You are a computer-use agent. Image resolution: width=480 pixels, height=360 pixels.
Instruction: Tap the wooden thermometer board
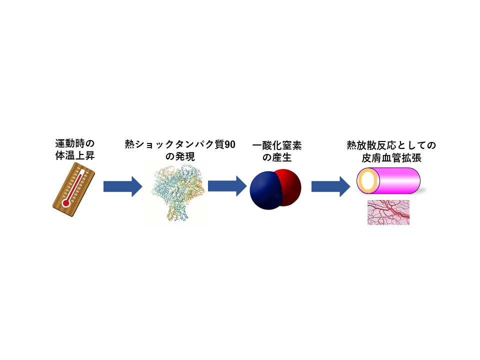coord(74,189)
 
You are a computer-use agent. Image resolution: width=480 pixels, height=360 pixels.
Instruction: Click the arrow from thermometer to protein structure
coord(123,186)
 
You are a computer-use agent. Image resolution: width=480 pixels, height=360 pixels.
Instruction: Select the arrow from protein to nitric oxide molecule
coord(227,186)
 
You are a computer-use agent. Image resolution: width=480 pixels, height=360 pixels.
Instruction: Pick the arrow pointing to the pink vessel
coord(331,186)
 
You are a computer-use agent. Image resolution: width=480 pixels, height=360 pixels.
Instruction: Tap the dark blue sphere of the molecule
coord(265,190)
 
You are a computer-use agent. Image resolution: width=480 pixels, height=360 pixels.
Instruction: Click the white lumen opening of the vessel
coord(368,180)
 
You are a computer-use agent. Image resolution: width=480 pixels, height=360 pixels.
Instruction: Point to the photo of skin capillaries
coord(388,212)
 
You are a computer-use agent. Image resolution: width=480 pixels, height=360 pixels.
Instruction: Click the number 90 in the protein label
coord(229,144)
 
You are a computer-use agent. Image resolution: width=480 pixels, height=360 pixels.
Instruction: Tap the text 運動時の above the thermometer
coord(75,143)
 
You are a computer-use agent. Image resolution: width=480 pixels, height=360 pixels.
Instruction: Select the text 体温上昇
coord(75,155)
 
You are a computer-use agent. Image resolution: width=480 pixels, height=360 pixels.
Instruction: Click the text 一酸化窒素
coord(277,145)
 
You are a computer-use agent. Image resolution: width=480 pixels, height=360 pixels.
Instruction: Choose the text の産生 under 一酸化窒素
coord(277,157)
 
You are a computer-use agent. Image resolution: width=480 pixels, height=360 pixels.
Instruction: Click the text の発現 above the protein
coord(180,156)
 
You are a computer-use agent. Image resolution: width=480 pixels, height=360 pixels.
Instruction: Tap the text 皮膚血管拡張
coord(391,158)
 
